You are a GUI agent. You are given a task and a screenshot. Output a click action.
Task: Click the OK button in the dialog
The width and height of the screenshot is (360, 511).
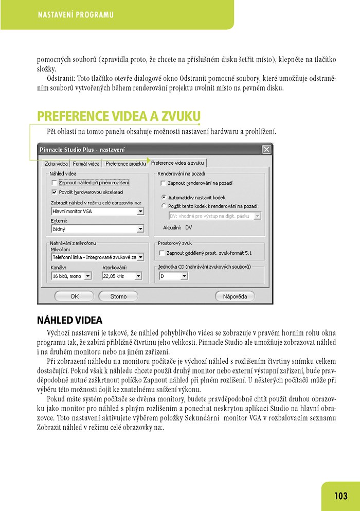74,296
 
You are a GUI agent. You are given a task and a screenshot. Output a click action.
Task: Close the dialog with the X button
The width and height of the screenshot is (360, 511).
266,150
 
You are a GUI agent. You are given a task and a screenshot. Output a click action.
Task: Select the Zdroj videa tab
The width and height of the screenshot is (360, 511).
56,164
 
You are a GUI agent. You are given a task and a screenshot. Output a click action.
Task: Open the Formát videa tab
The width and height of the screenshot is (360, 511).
87,164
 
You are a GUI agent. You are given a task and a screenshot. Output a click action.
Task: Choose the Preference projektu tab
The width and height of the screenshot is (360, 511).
125,164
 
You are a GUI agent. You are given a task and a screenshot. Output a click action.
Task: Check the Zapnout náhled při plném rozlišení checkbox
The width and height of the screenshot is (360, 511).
55,183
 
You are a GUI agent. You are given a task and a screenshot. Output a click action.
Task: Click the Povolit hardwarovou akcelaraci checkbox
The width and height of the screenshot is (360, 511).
55,191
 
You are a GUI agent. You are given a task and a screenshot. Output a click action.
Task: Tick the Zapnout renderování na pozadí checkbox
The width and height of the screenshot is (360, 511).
163,183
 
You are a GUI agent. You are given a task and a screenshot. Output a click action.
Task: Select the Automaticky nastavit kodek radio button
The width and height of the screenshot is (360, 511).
164,197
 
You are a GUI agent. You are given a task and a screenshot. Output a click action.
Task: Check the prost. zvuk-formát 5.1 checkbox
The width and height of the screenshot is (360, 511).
163,253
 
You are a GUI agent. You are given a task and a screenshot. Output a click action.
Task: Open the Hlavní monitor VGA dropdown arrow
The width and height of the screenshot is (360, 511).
140,211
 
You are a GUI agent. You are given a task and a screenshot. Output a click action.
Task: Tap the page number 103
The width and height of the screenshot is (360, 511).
341,496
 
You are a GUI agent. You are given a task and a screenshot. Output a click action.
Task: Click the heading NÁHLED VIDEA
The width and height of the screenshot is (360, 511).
70,320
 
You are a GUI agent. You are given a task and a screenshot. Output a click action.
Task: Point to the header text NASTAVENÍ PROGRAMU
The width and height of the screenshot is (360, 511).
76,15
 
